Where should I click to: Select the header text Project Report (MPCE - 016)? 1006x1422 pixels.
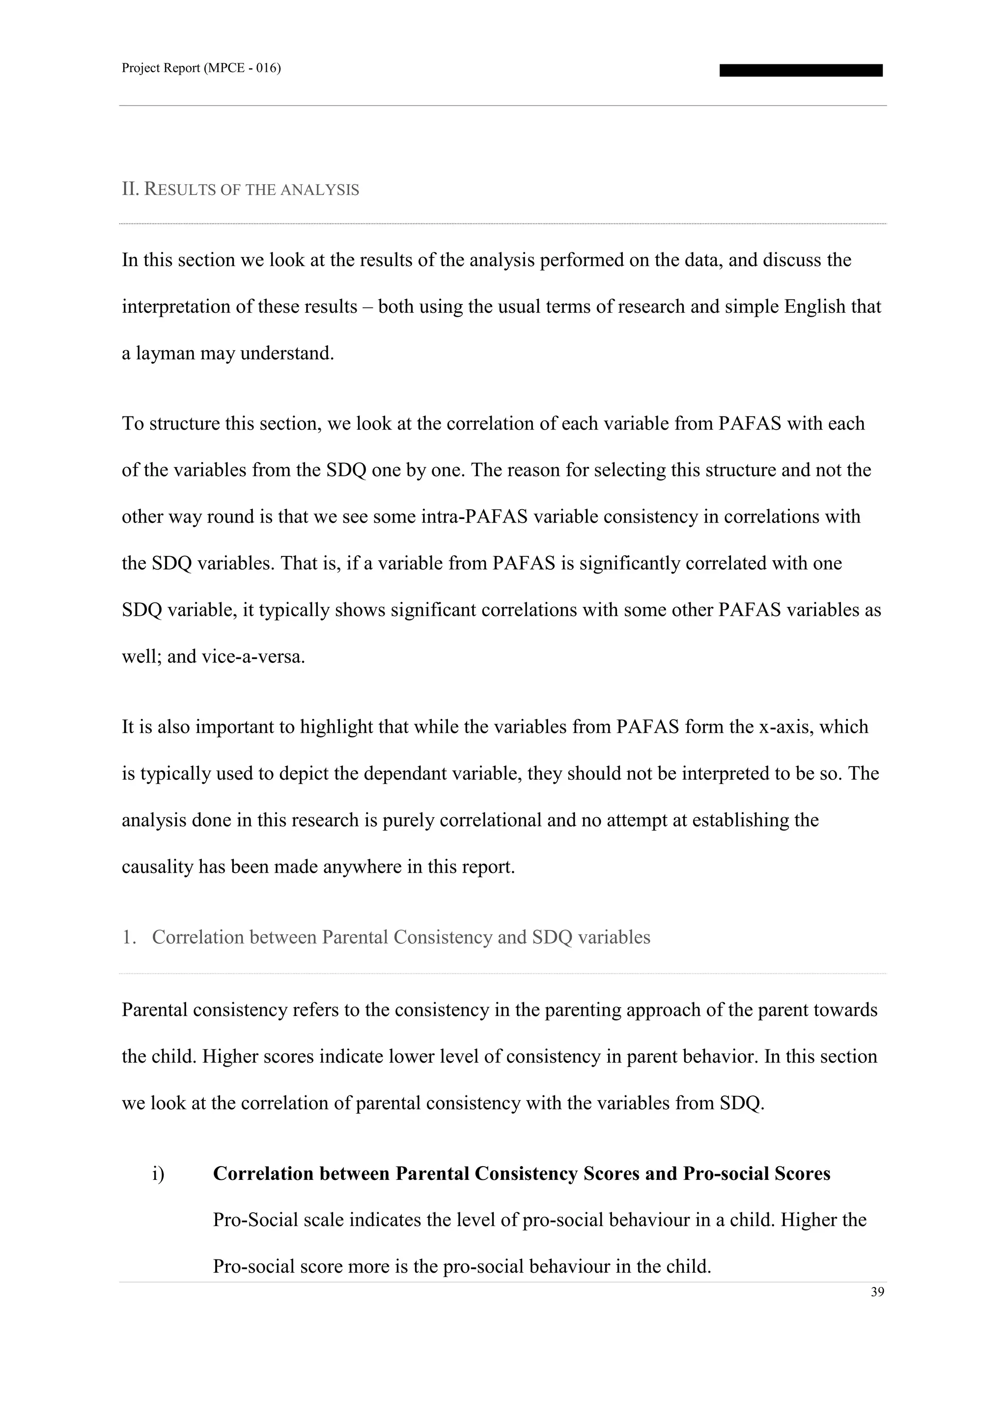[201, 68]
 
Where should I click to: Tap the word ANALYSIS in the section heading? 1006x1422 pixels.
[320, 190]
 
